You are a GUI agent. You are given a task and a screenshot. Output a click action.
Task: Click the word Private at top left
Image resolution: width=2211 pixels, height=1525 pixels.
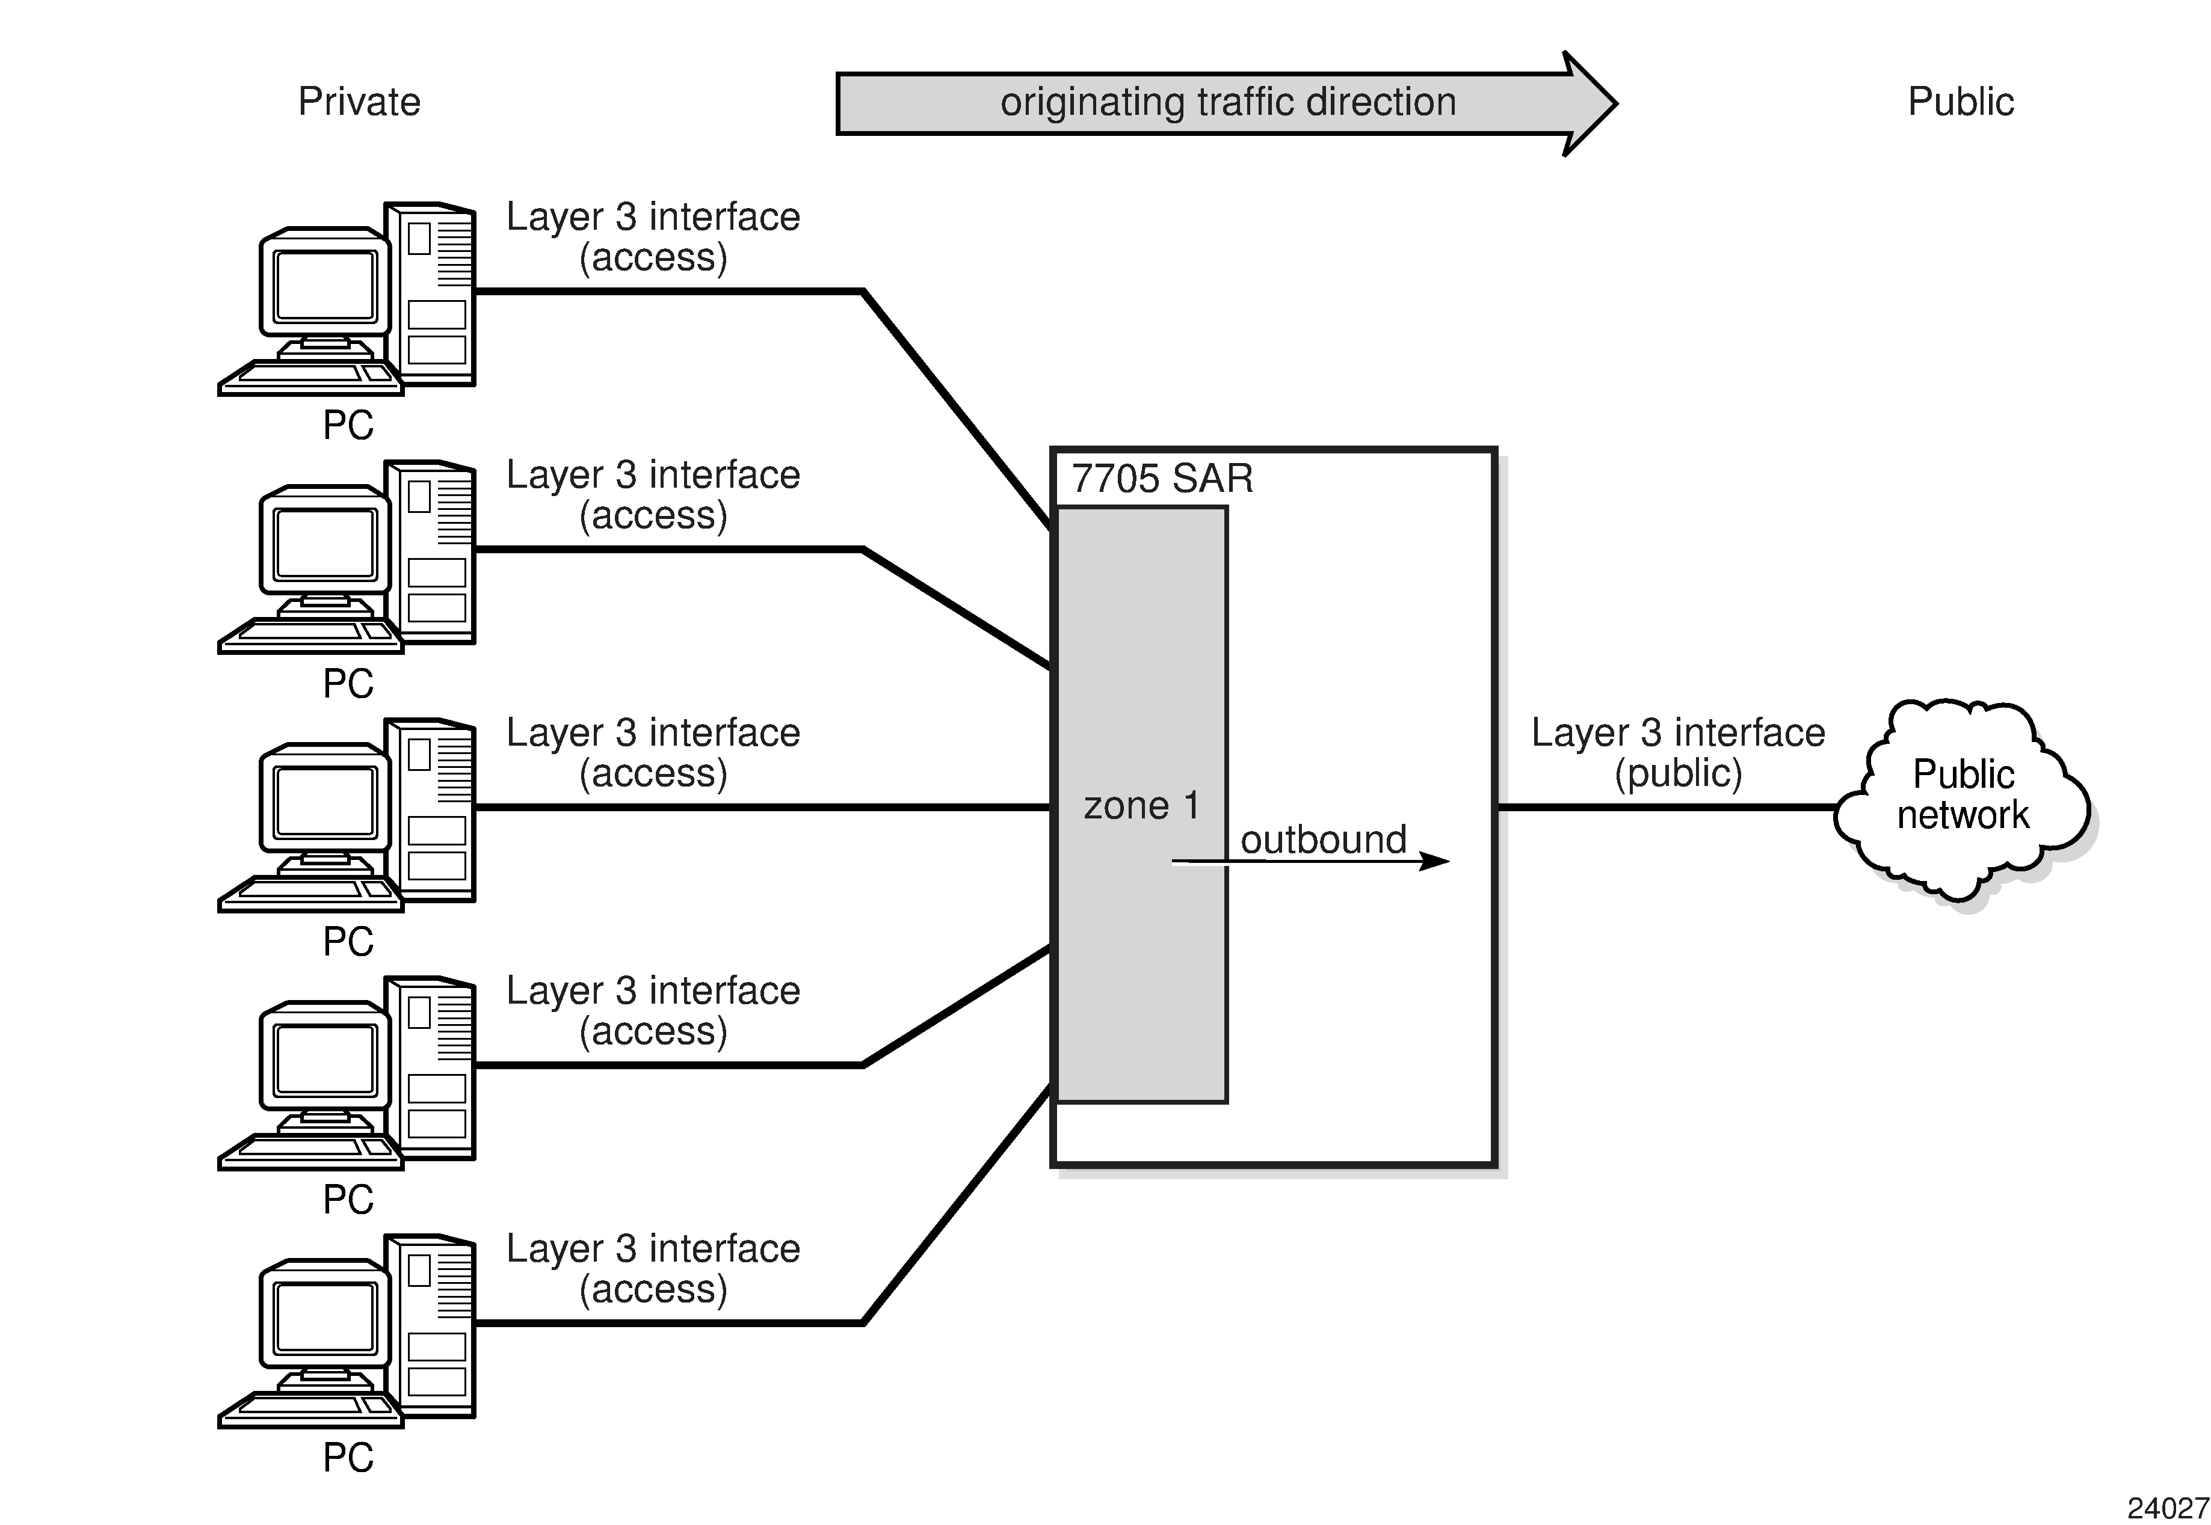pyautogui.click(x=359, y=101)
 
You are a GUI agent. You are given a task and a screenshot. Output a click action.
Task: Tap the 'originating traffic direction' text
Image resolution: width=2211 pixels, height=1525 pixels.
pyautogui.click(x=1227, y=101)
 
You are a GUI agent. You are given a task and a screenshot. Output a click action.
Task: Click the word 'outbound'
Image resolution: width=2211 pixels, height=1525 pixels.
pyautogui.click(x=1323, y=840)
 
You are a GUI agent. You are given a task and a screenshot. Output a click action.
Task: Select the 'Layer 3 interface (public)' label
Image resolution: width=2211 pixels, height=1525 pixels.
pyautogui.click(x=1677, y=752)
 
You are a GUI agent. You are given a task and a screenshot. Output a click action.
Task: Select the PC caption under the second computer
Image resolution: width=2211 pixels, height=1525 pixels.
pyautogui.click(x=348, y=683)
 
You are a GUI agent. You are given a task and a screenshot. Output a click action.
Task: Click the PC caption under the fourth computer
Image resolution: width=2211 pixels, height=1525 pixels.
pyautogui.click(x=348, y=1199)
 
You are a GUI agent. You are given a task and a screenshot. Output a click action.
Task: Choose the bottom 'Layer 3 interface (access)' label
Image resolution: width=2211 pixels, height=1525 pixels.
pyautogui.click(x=653, y=1268)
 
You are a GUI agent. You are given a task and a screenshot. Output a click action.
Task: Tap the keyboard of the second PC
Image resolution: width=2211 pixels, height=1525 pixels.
pyautogui.click(x=310, y=633)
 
